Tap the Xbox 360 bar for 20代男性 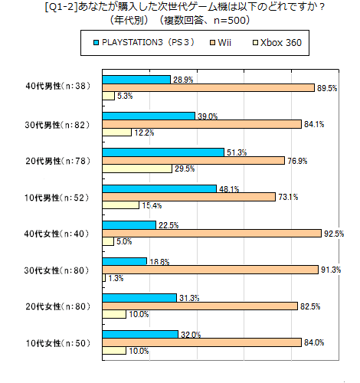[x=137, y=169]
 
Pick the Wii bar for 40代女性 [x=212, y=233]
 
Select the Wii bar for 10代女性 [x=202, y=342]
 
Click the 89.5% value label [x=327, y=88]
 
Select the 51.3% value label [x=236, y=152]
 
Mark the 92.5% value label [x=334, y=233]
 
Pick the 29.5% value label [x=185, y=169]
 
